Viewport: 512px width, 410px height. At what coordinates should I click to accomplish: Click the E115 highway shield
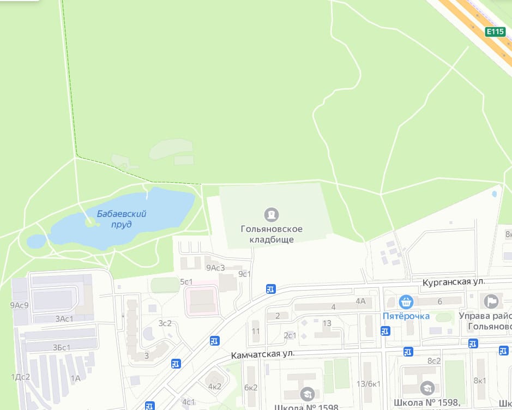point(495,32)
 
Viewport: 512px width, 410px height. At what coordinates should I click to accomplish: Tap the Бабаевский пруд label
point(122,219)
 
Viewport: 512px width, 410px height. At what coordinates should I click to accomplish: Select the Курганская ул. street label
point(454,282)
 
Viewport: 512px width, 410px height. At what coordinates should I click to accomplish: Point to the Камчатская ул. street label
point(262,354)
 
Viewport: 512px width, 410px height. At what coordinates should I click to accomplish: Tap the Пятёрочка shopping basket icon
point(405,302)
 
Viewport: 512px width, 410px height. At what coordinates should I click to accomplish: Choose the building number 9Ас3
point(215,268)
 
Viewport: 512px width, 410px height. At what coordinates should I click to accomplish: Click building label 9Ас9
point(19,305)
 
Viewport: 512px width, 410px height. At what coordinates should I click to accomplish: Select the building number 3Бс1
point(64,347)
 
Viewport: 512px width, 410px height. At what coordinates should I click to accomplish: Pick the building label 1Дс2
point(20,377)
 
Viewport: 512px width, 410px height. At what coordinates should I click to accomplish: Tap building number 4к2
point(215,387)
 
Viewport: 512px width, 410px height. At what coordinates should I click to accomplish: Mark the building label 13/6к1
point(368,384)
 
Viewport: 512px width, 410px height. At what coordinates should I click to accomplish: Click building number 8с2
point(434,361)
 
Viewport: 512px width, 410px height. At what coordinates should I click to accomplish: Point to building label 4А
point(360,300)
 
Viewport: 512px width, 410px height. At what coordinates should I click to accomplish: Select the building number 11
point(256,331)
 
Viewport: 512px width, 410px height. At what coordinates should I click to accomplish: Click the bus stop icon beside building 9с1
point(270,289)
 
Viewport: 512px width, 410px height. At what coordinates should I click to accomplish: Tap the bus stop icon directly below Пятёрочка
point(385,330)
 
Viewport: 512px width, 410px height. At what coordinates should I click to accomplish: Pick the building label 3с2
point(165,323)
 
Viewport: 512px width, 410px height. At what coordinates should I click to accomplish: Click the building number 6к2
point(251,388)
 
